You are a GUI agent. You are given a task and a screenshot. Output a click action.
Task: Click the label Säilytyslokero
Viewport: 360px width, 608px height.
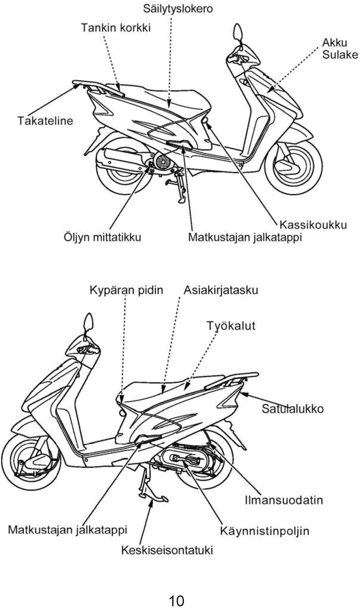pyautogui.click(x=178, y=9)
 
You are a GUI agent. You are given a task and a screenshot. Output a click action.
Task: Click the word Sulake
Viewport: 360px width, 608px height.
pyautogui.click(x=340, y=55)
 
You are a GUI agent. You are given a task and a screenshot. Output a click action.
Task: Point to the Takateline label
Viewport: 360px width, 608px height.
pyautogui.click(x=45, y=120)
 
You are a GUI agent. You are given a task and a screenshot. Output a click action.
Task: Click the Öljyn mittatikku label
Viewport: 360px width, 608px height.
pyautogui.click(x=102, y=237)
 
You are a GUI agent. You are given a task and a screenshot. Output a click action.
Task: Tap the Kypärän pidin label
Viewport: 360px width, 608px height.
pyautogui.click(x=126, y=290)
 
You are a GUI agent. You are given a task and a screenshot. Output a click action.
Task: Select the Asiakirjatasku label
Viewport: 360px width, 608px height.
pyautogui.click(x=221, y=290)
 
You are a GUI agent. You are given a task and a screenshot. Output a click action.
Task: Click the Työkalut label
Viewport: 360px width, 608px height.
pyautogui.click(x=231, y=326)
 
